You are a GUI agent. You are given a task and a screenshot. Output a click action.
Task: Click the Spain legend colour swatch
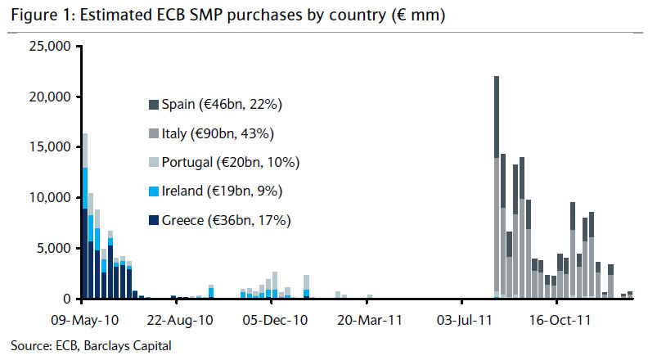click(153, 105)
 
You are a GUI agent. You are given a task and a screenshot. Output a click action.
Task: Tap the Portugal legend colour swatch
click(153, 162)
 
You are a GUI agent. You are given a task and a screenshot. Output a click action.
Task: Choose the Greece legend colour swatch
click(153, 219)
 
